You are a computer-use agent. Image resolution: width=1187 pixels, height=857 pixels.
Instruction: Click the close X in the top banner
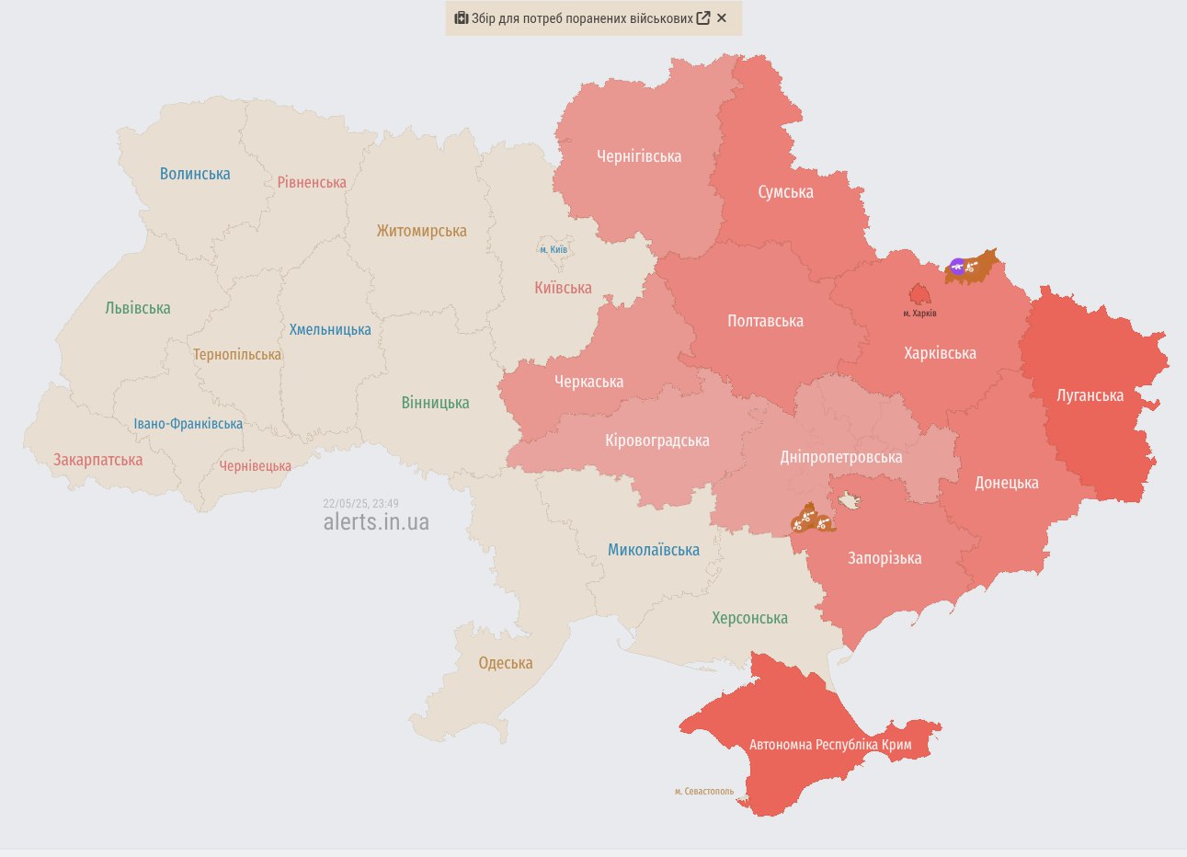[722, 18]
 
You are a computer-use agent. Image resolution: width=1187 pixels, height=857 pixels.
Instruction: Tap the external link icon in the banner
[703, 18]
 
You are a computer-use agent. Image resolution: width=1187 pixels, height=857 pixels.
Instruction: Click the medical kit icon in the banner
[462, 18]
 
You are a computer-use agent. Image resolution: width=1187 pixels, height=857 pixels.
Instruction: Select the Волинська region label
[195, 174]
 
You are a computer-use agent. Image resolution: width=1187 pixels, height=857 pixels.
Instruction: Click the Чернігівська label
[639, 156]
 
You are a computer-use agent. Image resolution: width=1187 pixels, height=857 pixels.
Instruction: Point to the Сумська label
[785, 192]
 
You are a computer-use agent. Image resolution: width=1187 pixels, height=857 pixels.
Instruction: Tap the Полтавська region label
[765, 321]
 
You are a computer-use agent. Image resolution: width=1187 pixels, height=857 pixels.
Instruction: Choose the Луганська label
[1090, 395]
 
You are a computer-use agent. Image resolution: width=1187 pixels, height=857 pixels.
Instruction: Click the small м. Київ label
[554, 249]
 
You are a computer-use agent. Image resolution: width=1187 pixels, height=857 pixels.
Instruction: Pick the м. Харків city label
[919, 314]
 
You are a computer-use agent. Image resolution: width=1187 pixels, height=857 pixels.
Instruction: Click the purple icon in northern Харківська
[957, 268]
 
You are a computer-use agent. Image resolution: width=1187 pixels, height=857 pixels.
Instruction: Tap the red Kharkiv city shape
[919, 293]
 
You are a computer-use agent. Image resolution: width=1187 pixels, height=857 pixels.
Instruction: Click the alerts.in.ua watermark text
[376, 522]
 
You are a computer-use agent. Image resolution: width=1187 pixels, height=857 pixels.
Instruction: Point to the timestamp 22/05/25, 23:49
[360, 504]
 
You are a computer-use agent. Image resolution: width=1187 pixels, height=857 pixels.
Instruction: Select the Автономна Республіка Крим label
[830, 745]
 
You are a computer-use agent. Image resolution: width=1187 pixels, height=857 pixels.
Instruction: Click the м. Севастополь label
[704, 791]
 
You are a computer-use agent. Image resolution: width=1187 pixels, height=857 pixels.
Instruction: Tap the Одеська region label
[505, 663]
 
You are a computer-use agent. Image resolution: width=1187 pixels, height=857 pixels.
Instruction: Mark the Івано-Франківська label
[188, 424]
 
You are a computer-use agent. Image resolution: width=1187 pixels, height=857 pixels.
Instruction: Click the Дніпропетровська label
[840, 457]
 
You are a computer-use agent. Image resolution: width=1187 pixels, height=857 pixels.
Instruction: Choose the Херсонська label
[749, 618]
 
